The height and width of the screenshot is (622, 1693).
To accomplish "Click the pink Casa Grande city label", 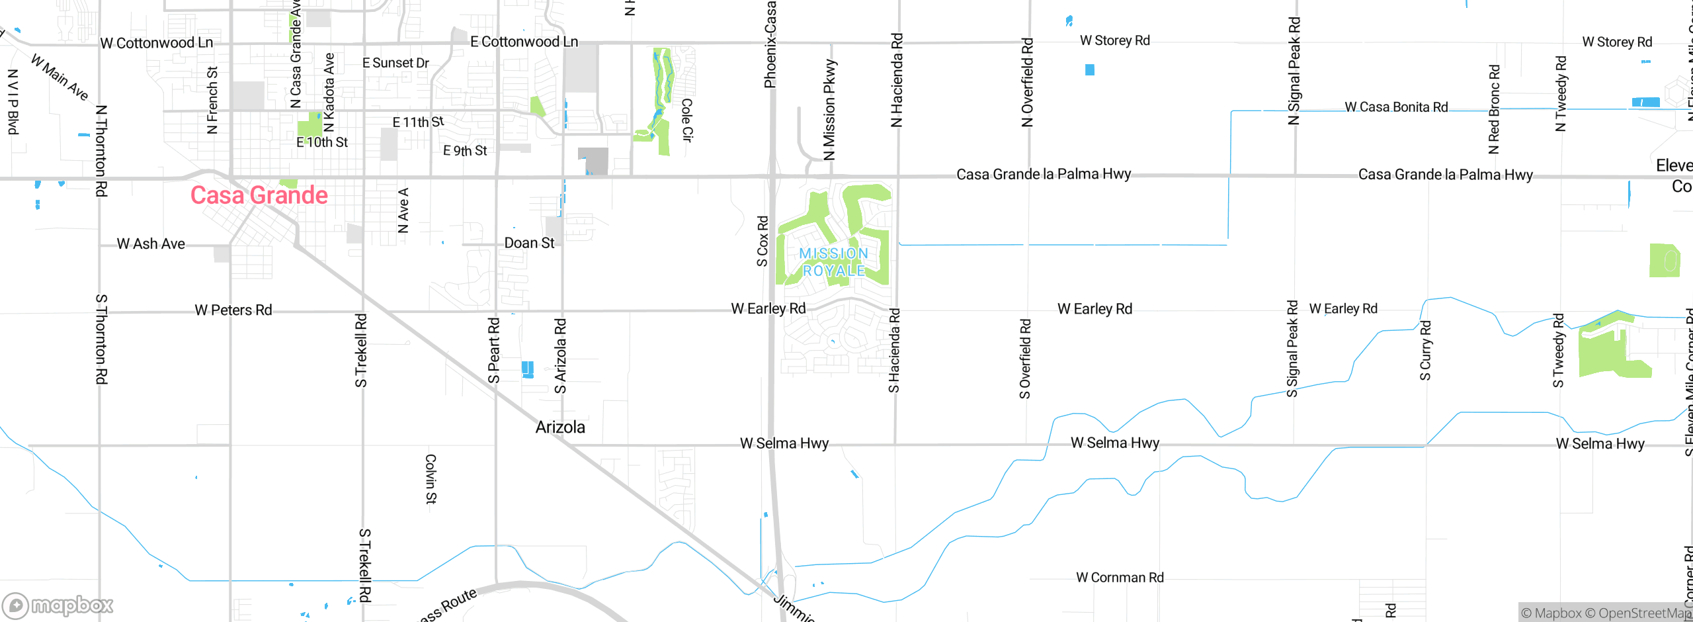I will click(x=259, y=195).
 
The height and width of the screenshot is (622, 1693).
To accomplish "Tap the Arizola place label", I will click(x=560, y=427).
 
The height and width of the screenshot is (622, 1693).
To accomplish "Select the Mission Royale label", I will click(x=833, y=262).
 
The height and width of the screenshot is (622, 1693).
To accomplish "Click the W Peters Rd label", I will click(x=233, y=310).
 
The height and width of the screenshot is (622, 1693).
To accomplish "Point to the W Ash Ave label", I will click(x=151, y=244).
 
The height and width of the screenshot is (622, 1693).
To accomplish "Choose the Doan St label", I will click(x=529, y=243).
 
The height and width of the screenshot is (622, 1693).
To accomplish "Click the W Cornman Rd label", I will click(x=1120, y=578).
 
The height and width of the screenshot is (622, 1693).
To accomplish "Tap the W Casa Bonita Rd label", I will click(x=1396, y=107).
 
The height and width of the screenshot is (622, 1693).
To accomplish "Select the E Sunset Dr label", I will click(x=395, y=63).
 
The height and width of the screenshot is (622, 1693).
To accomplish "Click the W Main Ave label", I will click(x=60, y=77).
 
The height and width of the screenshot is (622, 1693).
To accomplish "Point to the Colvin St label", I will click(x=431, y=479).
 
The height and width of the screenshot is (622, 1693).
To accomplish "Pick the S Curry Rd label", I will click(x=1426, y=351).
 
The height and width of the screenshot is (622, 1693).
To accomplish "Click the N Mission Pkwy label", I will click(x=829, y=111).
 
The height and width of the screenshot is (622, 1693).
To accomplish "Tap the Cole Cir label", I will click(x=687, y=120).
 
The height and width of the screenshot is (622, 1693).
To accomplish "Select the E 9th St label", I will click(x=465, y=151).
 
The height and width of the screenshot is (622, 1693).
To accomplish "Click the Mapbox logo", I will click(x=58, y=605).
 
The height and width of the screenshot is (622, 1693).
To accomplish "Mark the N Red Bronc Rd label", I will click(x=1494, y=109).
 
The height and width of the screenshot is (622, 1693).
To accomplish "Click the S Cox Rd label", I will click(x=763, y=241).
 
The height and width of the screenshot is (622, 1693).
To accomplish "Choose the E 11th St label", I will click(x=418, y=122).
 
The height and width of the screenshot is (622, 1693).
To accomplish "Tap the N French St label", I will click(x=212, y=100).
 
